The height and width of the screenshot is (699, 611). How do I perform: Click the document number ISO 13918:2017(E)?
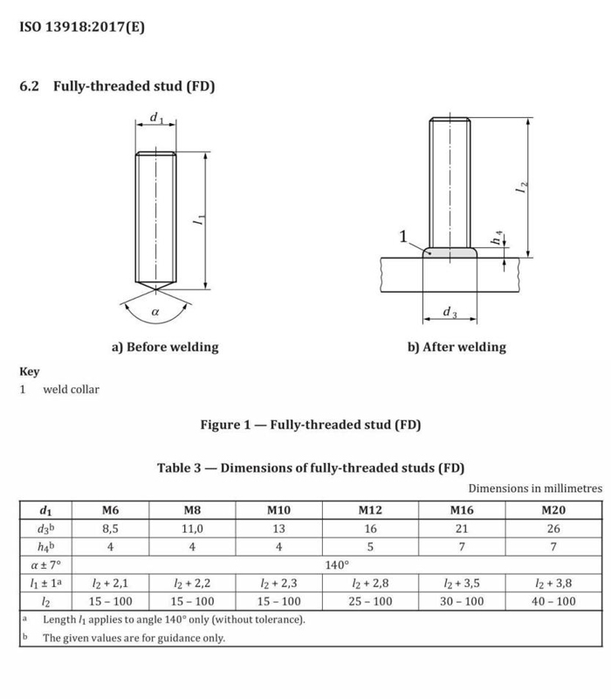click(82, 26)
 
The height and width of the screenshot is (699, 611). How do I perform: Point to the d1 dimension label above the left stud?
click(156, 116)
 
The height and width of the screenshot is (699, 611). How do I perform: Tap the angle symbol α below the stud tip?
click(156, 311)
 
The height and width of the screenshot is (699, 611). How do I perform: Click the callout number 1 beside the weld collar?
click(403, 236)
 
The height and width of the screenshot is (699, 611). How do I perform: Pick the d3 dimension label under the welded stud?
click(449, 312)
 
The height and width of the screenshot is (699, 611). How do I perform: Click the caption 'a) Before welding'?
click(165, 347)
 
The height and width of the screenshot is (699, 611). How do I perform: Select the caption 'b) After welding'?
click(457, 347)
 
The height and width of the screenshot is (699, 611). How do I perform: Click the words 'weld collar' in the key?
click(72, 389)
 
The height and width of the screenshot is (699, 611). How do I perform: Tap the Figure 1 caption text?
click(311, 426)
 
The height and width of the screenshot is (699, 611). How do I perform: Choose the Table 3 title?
click(311, 467)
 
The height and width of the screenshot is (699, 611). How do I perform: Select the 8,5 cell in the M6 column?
click(110, 529)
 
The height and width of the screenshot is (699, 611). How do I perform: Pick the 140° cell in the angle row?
click(337, 565)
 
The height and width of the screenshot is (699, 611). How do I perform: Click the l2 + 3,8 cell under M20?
click(553, 583)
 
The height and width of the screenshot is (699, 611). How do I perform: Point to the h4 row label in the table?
click(45, 547)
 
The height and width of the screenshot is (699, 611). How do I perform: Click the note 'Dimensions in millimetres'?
click(535, 488)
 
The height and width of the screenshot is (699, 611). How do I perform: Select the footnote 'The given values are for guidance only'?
click(134, 638)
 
